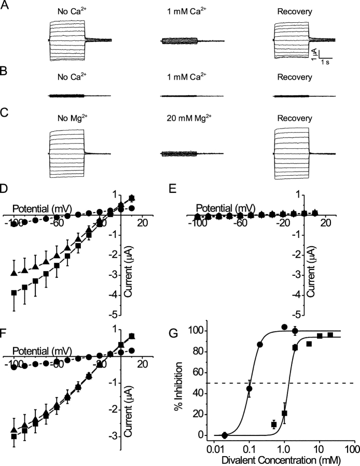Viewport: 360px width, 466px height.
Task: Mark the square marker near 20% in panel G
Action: [284, 413]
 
